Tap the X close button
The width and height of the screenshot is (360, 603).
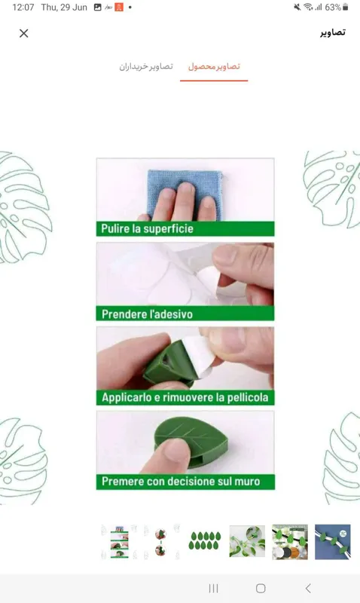(x=24, y=33)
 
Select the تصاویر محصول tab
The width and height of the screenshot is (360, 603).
(x=214, y=66)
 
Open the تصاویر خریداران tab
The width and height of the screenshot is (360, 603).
(x=146, y=66)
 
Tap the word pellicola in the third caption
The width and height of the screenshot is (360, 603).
(x=248, y=397)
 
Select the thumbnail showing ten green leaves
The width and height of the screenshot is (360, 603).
(x=205, y=541)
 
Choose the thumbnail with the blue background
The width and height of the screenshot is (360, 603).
(x=332, y=542)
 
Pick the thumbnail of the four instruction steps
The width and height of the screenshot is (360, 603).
(x=120, y=542)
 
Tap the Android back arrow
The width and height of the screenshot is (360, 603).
(x=308, y=588)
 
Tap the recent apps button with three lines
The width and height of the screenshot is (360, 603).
(x=214, y=588)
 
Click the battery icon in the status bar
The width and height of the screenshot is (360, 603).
(x=346, y=7)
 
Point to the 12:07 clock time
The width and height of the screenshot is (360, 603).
(x=23, y=8)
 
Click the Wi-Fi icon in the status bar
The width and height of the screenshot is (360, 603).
(x=308, y=7)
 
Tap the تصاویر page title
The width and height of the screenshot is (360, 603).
(x=333, y=32)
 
